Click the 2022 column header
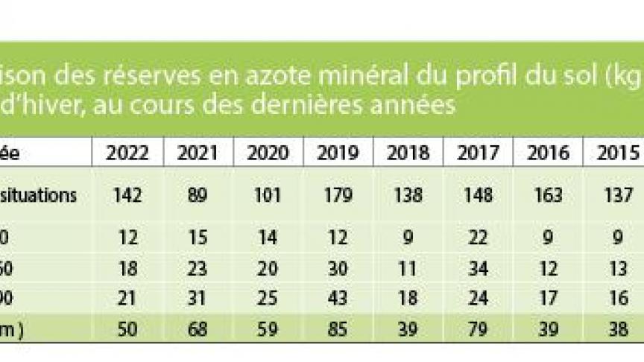click(127, 153)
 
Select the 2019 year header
click(338, 153)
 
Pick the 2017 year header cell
click(478, 153)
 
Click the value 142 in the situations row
click(127, 196)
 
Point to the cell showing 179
click(338, 196)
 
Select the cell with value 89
click(198, 196)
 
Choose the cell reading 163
click(548, 196)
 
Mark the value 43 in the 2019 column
click(338, 296)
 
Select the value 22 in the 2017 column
click(478, 238)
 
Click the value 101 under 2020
click(268, 196)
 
